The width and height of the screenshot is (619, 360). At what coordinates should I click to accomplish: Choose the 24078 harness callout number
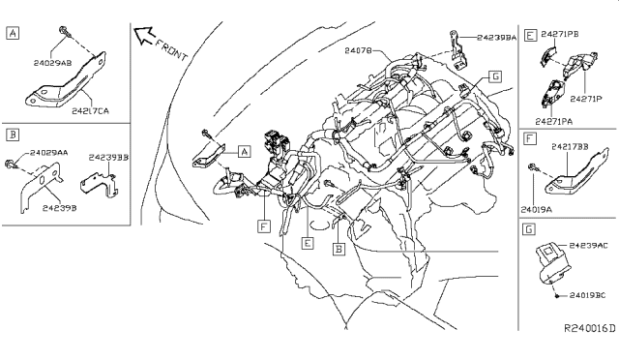click(x=357, y=47)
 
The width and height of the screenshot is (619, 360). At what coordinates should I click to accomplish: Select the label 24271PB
click(x=560, y=33)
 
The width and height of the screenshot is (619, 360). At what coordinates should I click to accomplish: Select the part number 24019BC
click(x=585, y=293)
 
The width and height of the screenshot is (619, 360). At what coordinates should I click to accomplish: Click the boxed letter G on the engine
click(x=494, y=75)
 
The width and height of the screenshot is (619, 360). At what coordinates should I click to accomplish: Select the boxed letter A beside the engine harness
click(x=244, y=151)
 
